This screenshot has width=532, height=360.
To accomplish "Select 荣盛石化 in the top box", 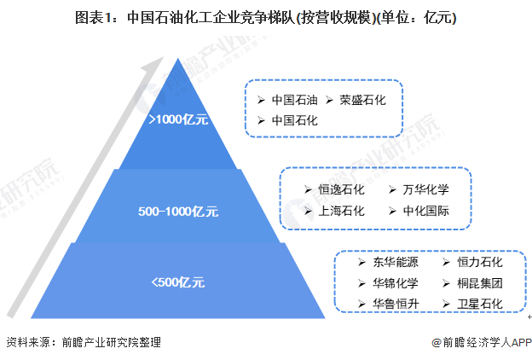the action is tap(362, 100).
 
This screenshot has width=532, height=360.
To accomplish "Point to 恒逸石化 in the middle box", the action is tap(341, 189).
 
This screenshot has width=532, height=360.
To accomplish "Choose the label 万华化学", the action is tap(425, 189).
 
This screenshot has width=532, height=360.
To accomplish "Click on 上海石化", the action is tap(341, 211).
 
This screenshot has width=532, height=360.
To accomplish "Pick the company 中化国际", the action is tap(425, 211).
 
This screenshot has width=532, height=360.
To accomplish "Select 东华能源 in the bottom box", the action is tap(396, 261).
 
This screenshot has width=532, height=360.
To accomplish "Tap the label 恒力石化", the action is tap(480, 261).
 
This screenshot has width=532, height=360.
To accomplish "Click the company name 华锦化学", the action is tap(396, 282).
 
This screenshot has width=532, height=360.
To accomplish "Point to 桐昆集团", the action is tap(480, 282).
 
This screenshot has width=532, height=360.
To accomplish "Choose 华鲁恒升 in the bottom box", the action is tap(396, 304).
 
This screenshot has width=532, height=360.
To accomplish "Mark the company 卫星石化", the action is tap(480, 304).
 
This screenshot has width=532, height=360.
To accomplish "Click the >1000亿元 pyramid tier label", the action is tap(178, 120).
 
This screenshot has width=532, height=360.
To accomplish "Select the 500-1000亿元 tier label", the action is tap(179, 210).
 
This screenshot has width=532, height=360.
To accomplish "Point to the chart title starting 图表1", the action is tap(265, 18).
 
